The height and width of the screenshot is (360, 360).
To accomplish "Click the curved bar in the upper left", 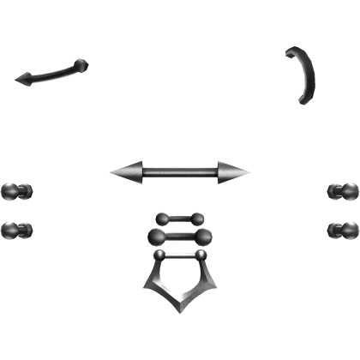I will [51, 72].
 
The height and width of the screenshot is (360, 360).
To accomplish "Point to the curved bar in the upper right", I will [303, 75].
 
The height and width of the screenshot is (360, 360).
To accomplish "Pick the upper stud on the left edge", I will [15, 190].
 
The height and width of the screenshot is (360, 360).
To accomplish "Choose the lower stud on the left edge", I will [15, 229].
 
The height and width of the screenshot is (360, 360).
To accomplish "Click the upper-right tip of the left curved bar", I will [82, 61].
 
